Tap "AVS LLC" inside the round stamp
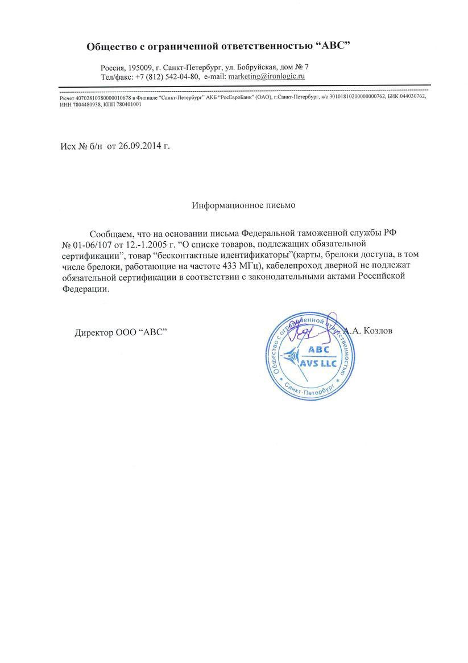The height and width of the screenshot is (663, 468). (318, 363)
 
